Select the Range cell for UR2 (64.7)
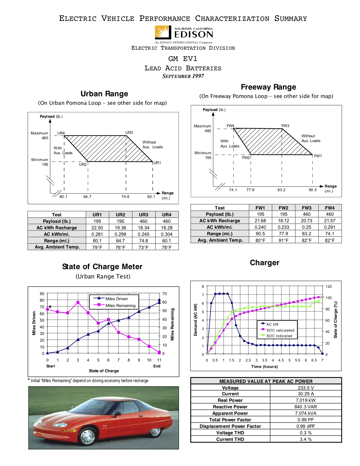(x=120, y=241)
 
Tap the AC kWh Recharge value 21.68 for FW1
(x=260, y=221)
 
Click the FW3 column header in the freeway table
(x=306, y=208)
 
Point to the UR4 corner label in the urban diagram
(x=61, y=133)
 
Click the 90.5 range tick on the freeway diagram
(x=313, y=190)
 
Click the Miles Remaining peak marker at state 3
(x=78, y=303)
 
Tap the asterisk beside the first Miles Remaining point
(x=50, y=307)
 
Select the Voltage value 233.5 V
(x=306, y=388)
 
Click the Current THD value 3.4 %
(x=306, y=439)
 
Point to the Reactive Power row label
(x=230, y=407)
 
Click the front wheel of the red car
(x=88, y=436)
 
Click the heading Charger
(x=264, y=263)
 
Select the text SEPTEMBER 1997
(x=183, y=76)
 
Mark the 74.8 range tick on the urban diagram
(x=125, y=197)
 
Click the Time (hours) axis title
(x=264, y=367)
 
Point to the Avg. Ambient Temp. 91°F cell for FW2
(x=283, y=240)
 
